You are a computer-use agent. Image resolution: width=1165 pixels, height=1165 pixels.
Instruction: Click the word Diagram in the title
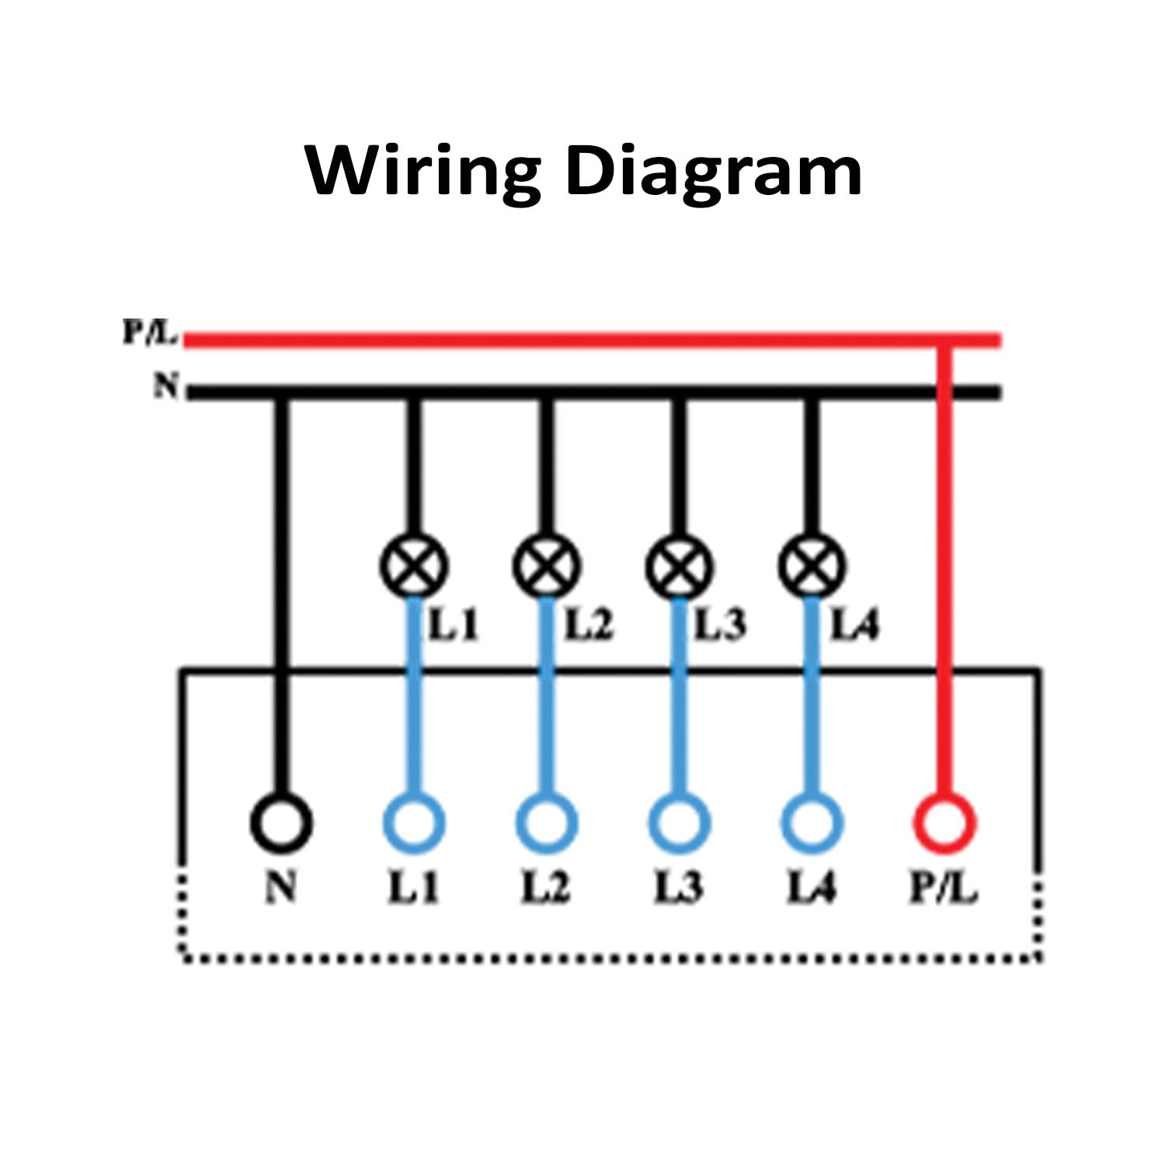click(x=714, y=171)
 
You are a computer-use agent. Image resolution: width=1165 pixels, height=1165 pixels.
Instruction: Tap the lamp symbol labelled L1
click(x=414, y=566)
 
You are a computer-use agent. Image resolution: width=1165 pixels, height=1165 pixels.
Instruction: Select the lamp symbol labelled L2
click(x=547, y=566)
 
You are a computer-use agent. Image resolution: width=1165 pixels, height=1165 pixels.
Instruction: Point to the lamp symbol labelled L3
click(x=680, y=566)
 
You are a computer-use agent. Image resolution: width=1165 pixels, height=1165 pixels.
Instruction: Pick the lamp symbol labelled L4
click(x=812, y=566)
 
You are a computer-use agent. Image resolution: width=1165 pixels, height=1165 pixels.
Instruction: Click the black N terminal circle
click(x=281, y=822)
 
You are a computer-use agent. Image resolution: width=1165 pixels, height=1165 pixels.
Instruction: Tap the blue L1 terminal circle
click(x=414, y=822)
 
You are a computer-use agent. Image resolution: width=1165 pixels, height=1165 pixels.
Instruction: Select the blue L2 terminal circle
click(x=547, y=822)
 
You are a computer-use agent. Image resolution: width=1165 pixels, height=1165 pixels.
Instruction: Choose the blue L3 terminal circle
click(x=680, y=822)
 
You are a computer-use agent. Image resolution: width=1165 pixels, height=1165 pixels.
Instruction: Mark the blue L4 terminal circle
click(x=812, y=822)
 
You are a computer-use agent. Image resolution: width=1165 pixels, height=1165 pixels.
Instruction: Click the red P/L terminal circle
click(x=945, y=822)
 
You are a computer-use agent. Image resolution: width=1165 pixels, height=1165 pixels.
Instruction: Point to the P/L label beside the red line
click(x=149, y=333)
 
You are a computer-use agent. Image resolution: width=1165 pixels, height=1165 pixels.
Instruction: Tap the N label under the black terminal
click(x=281, y=887)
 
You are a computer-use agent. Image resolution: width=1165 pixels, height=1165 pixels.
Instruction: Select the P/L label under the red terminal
click(x=943, y=887)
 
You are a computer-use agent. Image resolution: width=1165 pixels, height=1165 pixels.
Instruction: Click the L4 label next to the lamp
click(x=854, y=624)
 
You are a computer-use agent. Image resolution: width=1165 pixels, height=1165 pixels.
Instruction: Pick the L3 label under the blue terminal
click(x=679, y=887)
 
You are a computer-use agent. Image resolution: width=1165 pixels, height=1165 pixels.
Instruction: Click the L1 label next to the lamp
click(x=454, y=624)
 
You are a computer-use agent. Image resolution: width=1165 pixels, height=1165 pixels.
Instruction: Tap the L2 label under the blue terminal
click(x=545, y=887)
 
